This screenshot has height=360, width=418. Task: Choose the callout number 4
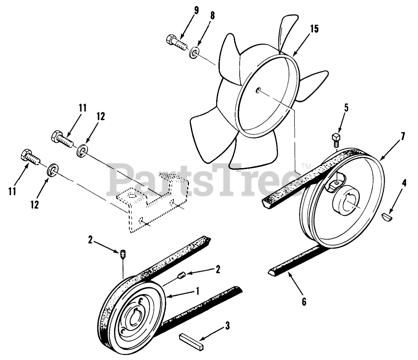(404, 184)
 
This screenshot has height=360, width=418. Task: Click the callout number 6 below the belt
(304, 302)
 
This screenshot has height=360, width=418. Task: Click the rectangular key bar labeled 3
(192, 339)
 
